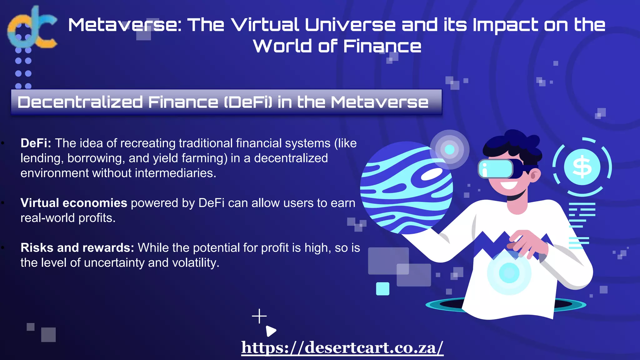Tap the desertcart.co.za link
pyautogui.click(x=342, y=347)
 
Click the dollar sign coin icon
pyautogui.click(x=582, y=167)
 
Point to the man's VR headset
pyautogui.click(x=497, y=169)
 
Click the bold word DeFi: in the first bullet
pyautogui.click(x=36, y=143)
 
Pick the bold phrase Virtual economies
pyautogui.click(x=74, y=203)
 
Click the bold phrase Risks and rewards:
pyautogui.click(x=77, y=248)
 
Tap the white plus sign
pyautogui.click(x=259, y=316)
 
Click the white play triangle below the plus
pyautogui.click(x=271, y=331)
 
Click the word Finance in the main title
pyautogui.click(x=382, y=46)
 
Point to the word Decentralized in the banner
pyautogui.click(x=80, y=102)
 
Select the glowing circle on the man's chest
pyautogui.click(x=509, y=272)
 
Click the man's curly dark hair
pyautogui.click(x=512, y=144)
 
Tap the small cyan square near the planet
pyautogui.click(x=382, y=289)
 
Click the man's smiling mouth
pyautogui.click(x=509, y=185)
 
